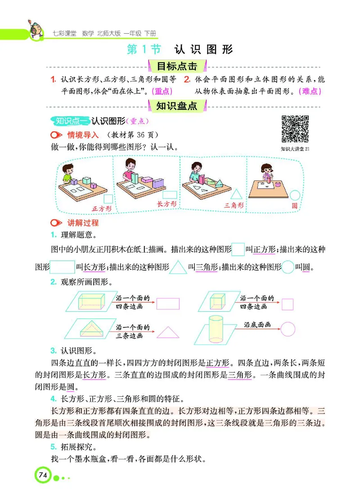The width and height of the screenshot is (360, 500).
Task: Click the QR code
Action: [295, 129]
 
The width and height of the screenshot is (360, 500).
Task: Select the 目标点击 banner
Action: [177, 67]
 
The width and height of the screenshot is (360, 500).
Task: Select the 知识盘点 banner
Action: [177, 106]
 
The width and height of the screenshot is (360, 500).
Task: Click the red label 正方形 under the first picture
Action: [101, 208]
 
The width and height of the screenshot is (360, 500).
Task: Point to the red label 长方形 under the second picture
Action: [166, 204]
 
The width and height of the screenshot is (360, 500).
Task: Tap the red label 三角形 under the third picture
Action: [234, 205]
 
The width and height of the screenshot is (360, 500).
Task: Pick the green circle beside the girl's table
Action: [295, 195]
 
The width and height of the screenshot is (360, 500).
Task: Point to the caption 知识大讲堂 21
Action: [295, 149]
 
